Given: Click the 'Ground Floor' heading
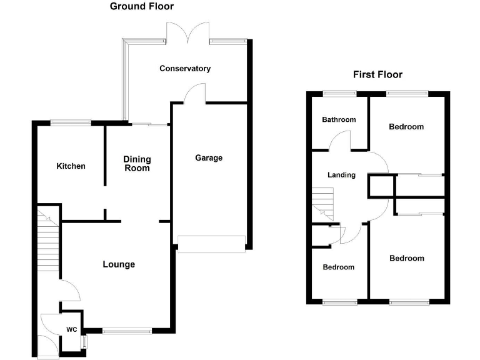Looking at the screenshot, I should click(142, 7).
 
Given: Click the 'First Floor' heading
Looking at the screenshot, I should click(377, 74).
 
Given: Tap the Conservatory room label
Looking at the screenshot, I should click(184, 69).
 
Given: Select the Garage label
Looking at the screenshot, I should click(209, 158).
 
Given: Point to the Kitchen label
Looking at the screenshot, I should click(71, 166).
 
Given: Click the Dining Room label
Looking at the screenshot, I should click(137, 164).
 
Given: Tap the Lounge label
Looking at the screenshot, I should click(119, 264).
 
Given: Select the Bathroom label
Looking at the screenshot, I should click(339, 120).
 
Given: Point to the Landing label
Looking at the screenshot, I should click(341, 175).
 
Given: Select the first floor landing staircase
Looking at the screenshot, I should click(324, 204).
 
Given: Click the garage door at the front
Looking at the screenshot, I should click(211, 243).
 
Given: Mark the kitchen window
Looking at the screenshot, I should click(71, 122).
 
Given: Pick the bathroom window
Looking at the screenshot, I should click(339, 94).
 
